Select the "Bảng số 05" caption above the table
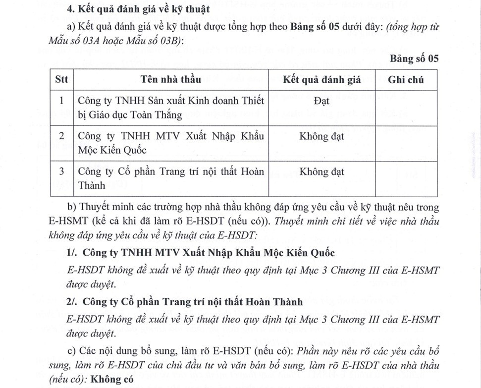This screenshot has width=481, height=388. pos(414,59)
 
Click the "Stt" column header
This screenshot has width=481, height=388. pos(61,80)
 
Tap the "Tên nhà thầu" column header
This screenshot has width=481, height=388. pos(170,80)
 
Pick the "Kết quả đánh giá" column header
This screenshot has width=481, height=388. pos(321,80)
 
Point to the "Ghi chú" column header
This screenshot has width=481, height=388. pos(406,80)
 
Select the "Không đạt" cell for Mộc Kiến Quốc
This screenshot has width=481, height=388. pos(321,137)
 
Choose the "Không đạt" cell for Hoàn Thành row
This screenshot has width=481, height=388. pos(321,172)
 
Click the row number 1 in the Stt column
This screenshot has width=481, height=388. pos(61,101)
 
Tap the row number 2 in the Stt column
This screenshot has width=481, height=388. pos(61,137)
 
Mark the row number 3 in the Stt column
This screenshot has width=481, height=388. pos(61,172)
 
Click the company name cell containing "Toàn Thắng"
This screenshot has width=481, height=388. pos(171,108)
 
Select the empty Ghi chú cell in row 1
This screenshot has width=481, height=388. pos(406,108)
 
